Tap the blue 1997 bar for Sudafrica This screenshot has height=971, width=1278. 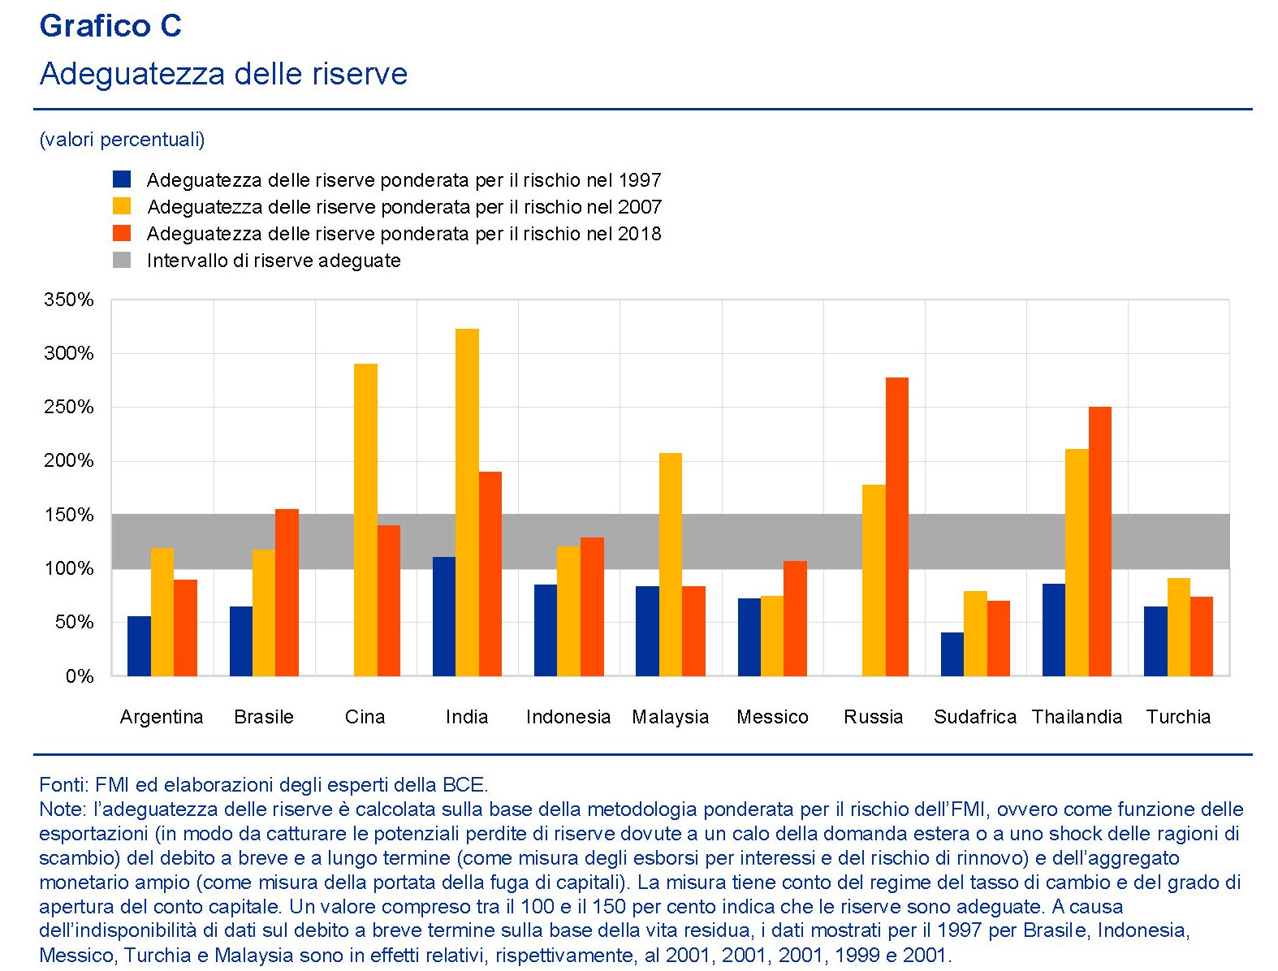tap(952, 654)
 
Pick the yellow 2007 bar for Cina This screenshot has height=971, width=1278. tap(365, 520)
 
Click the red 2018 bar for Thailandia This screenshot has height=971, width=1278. tap(1099, 541)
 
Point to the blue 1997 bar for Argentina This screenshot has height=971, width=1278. tap(139, 645)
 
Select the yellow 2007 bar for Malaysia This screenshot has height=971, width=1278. tap(670, 564)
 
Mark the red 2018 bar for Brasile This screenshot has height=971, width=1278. tap(287, 592)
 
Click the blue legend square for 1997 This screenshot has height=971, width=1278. tap(122, 179)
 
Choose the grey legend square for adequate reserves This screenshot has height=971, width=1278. tap(122, 261)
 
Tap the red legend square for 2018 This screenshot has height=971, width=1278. tap(122, 234)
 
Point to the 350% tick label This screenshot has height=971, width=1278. tap(69, 300)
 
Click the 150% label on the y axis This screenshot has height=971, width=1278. tap(69, 515)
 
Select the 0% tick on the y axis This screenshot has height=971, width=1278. tap(80, 676)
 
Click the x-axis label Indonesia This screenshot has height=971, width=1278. tap(568, 717)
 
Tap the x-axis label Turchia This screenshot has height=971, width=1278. tap(1178, 717)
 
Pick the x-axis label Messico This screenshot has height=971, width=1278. tap(772, 717)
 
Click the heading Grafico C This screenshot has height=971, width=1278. tap(110, 26)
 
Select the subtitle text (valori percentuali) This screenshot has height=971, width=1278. tap(122, 140)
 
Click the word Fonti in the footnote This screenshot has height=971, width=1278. tap(63, 785)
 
